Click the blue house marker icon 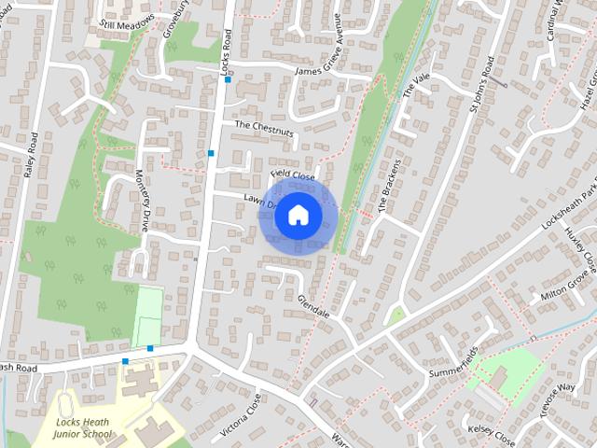point(298,216)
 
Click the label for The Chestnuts point(264,128)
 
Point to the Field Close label point(292,174)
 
